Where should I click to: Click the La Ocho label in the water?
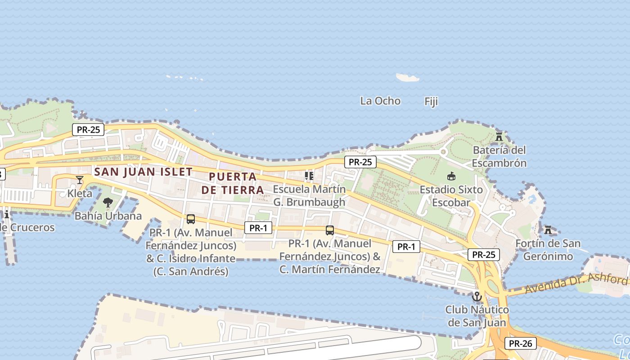coord(380,101)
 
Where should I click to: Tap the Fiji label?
coord(431,102)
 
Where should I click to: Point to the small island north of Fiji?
coord(408,78)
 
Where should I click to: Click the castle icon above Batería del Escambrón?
coord(499,136)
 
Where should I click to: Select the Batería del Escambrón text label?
coord(499,156)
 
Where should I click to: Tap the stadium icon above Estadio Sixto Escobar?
coord(451,176)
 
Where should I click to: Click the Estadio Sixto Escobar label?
coord(451,196)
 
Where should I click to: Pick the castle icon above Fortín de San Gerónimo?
coord(548,230)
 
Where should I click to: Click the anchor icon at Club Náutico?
coord(477,297)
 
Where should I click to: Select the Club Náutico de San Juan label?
coord(477,316)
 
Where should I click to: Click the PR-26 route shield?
coord(520,343)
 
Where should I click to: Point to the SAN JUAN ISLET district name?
coord(144,171)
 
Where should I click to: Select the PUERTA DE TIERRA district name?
coord(233,183)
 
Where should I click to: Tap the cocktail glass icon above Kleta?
coord(80,180)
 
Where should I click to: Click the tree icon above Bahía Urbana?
coord(108,202)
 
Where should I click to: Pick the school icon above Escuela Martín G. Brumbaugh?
coord(309,175)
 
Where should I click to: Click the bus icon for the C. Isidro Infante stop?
coord(191,219)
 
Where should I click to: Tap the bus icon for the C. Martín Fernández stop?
coord(330,230)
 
